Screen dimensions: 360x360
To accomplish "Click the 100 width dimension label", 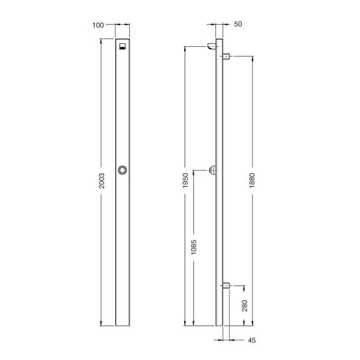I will click(x=98, y=25).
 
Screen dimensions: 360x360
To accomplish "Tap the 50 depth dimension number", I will click(x=238, y=24).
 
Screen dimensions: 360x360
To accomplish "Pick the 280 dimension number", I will click(x=244, y=307).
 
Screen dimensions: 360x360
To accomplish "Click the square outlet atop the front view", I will click(x=123, y=47).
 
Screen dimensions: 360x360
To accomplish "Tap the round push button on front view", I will click(x=123, y=170).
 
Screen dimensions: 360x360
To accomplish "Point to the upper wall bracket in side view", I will click(x=227, y=56).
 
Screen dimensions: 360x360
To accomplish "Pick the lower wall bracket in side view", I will click(x=227, y=285).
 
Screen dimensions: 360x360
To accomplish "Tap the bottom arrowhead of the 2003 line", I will click(x=101, y=323).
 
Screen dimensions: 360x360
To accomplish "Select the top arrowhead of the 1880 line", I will click(x=252, y=59).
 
